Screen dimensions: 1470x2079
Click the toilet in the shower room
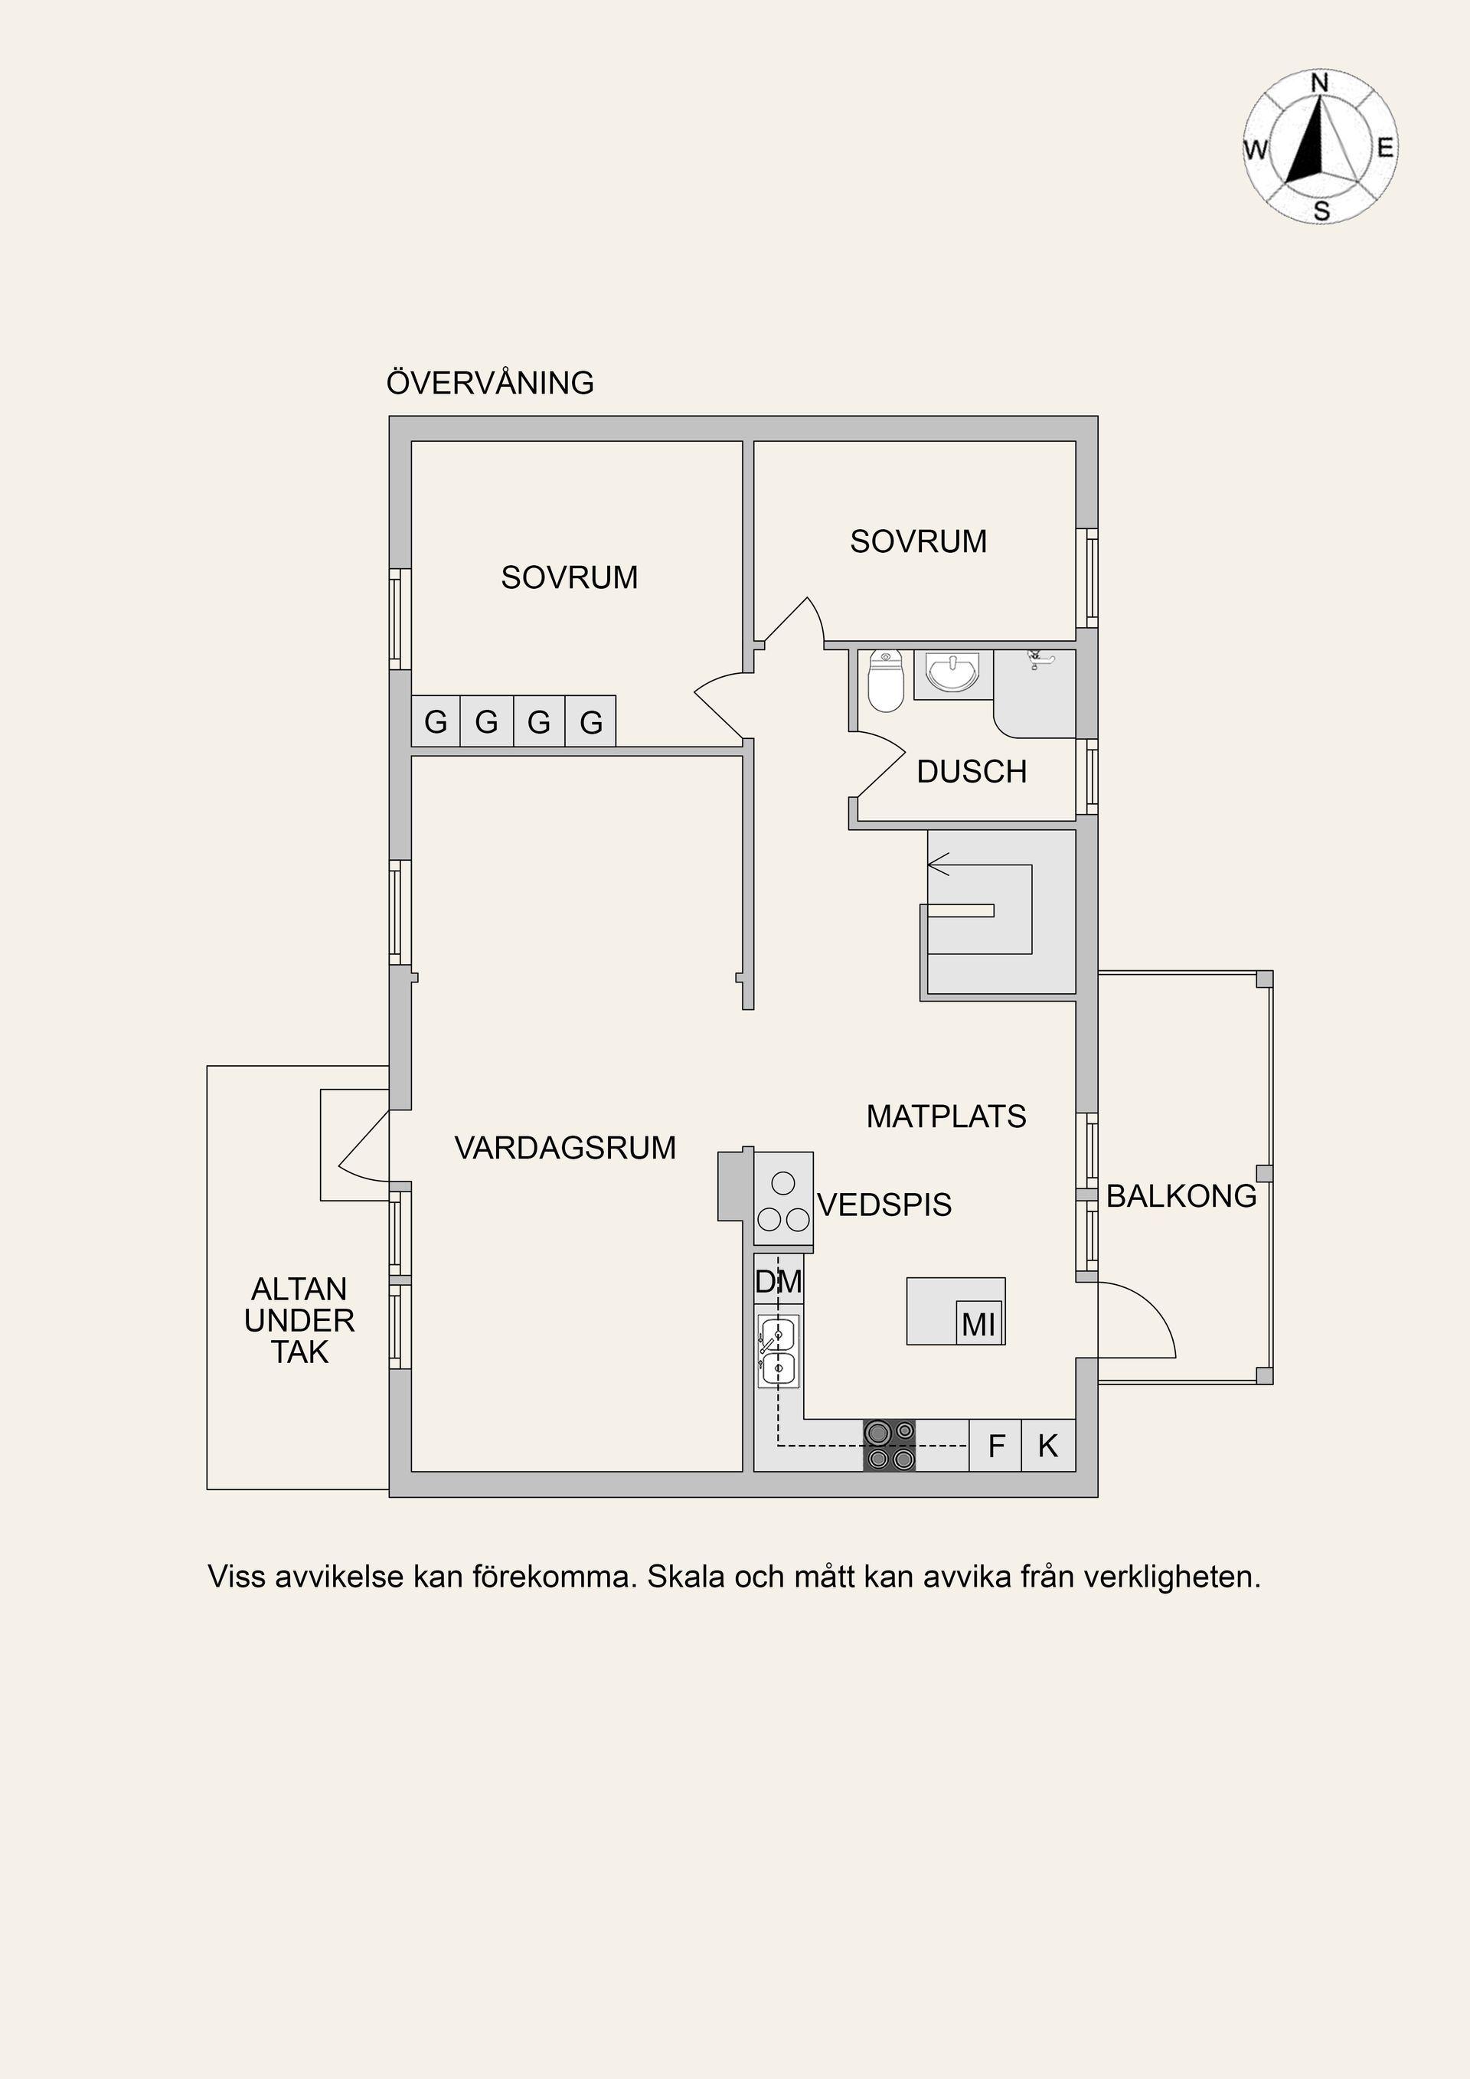pyautogui.click(x=885, y=681)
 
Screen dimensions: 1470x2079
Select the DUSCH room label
pyautogui.click(x=972, y=771)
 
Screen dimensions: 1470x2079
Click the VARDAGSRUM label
pyautogui.click(x=565, y=1147)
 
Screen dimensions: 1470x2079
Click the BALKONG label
pyautogui.click(x=1181, y=1196)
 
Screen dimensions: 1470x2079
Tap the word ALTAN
pyautogui.click(x=299, y=1289)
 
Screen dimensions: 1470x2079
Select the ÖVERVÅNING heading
pyautogui.click(x=490, y=382)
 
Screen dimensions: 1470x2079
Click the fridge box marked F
pyautogui.click(x=995, y=1446)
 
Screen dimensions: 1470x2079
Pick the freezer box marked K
pyautogui.click(x=1048, y=1446)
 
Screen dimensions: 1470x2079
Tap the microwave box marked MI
pyautogui.click(x=979, y=1325)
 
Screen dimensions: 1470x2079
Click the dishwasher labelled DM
pyautogui.click(x=779, y=1280)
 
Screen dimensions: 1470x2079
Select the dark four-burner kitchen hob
pyautogui.click(x=889, y=1445)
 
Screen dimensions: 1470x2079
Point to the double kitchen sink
pyautogui.click(x=779, y=1352)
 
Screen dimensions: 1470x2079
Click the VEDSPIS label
pyautogui.click(x=884, y=1205)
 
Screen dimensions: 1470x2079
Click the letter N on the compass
pyautogui.click(x=1320, y=83)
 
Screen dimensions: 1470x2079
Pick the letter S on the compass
pyautogui.click(x=1321, y=212)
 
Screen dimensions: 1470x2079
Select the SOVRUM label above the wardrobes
pyautogui.click(x=570, y=577)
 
